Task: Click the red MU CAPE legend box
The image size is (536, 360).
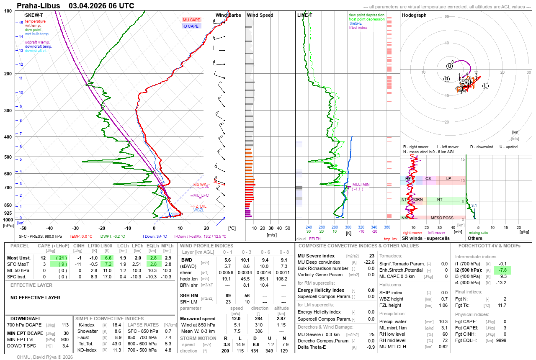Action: (x=191, y=20)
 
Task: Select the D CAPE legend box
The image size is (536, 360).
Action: (x=191, y=26)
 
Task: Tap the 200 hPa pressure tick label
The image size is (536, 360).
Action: (x=8, y=74)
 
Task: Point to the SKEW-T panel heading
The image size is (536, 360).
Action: (x=34, y=15)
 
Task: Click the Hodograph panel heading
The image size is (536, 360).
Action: (x=414, y=15)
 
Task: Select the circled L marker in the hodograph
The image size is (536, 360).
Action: (x=485, y=86)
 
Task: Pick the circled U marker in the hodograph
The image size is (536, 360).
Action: (x=449, y=66)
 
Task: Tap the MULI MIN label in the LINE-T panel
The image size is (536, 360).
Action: (x=361, y=184)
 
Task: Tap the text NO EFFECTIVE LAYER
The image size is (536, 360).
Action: (x=35, y=298)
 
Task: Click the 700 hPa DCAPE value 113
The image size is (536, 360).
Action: (x=65, y=325)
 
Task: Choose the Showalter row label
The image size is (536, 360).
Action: (x=88, y=331)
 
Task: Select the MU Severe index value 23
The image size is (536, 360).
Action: (x=371, y=256)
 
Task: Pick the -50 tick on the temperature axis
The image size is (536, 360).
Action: (x=23, y=228)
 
